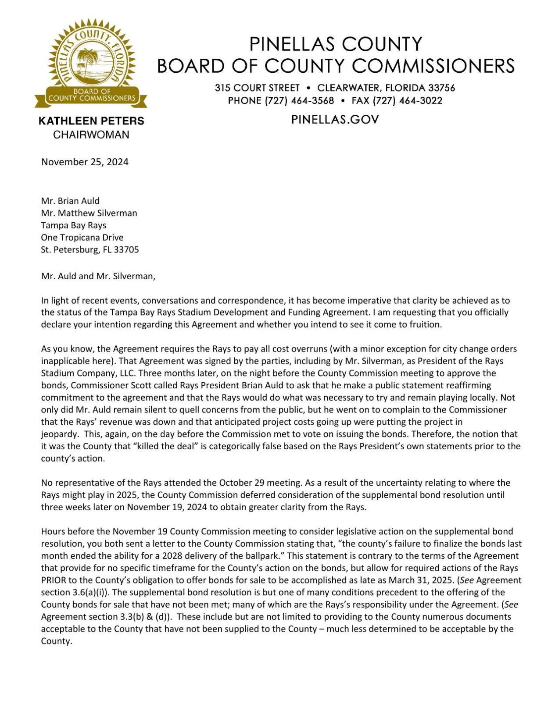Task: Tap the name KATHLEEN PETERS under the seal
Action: coord(91,121)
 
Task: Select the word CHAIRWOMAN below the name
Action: coord(91,135)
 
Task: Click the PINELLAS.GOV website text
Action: coord(335,120)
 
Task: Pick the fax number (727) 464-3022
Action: coord(408,101)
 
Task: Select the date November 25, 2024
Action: coord(85,162)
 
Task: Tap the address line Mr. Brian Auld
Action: coord(70,201)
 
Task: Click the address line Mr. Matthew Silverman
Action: coord(89,213)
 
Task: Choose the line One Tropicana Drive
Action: coord(82,238)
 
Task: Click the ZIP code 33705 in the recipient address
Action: coord(126,250)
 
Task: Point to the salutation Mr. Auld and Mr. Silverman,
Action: coord(98,277)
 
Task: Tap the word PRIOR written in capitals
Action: coord(54,580)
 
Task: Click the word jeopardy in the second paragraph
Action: coord(59,434)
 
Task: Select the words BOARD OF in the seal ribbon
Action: coord(92,91)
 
